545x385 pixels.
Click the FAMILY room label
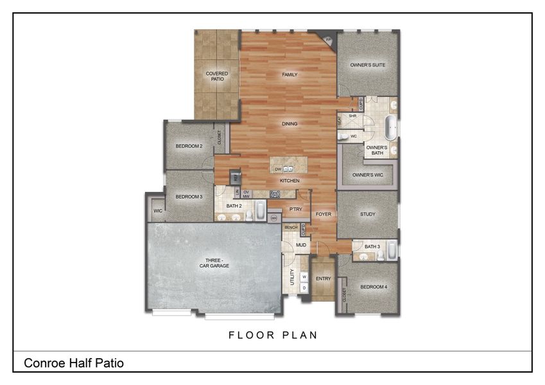(x=290, y=75)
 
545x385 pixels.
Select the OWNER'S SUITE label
(x=367, y=65)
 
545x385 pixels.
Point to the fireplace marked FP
(x=329, y=40)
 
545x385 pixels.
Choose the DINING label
(x=290, y=124)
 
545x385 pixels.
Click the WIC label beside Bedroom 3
(x=157, y=210)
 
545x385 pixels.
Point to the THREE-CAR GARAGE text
(x=213, y=263)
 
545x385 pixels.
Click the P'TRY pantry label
(x=295, y=209)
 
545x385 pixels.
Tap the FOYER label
(x=323, y=214)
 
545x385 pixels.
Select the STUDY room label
(x=367, y=214)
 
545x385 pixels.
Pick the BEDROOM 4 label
(x=373, y=286)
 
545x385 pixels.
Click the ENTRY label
(x=324, y=278)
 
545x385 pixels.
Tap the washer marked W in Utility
(x=304, y=277)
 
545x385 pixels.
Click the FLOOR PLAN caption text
(x=273, y=335)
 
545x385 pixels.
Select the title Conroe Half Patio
(x=74, y=363)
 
